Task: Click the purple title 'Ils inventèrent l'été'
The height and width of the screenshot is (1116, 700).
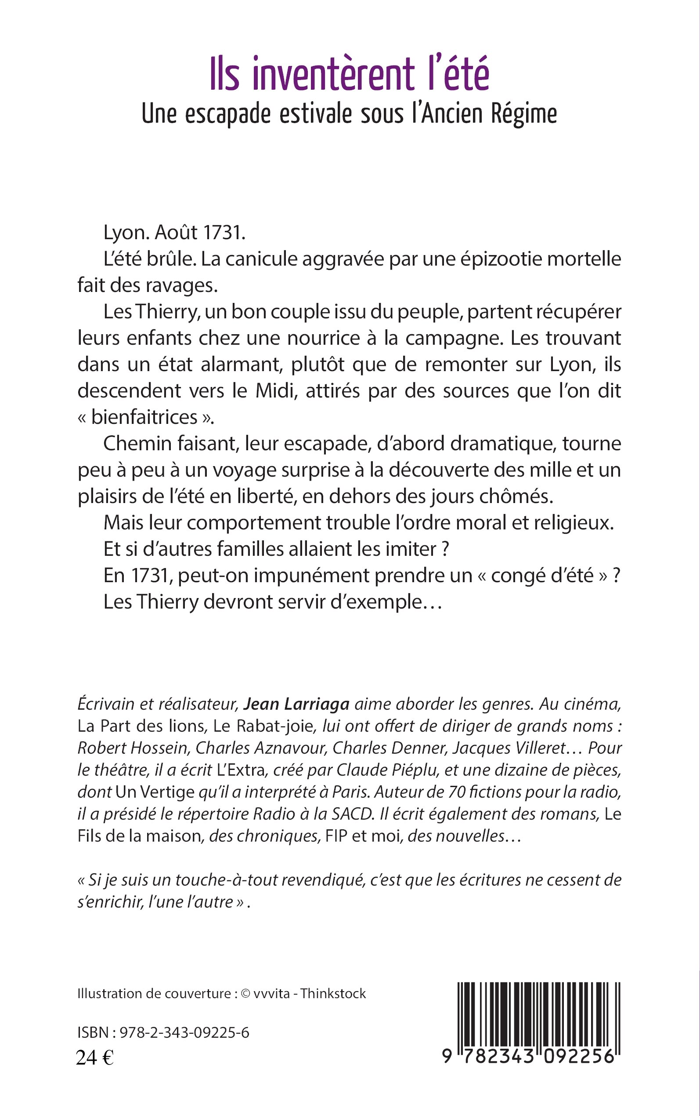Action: (x=350, y=74)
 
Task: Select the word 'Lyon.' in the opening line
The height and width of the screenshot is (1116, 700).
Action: (x=126, y=233)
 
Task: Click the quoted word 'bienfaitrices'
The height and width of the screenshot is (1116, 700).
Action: (x=144, y=417)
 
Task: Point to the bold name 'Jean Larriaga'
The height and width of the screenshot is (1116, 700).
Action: (x=296, y=704)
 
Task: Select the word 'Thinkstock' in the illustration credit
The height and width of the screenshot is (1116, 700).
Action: (x=333, y=994)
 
